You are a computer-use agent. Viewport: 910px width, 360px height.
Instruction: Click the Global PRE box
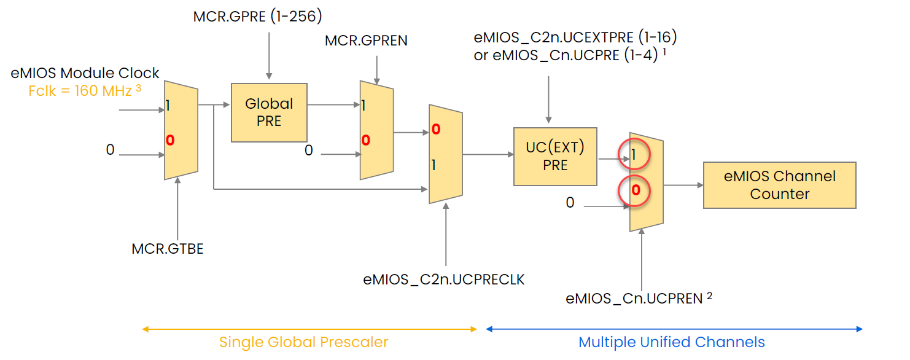(x=269, y=112)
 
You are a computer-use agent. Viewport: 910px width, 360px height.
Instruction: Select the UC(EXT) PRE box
(x=555, y=157)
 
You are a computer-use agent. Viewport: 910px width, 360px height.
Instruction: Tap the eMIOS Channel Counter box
(x=779, y=185)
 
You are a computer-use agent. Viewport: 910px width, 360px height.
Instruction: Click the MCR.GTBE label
(x=168, y=249)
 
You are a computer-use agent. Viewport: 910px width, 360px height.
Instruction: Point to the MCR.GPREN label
(x=366, y=41)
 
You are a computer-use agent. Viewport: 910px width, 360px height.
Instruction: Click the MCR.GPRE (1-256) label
(x=257, y=17)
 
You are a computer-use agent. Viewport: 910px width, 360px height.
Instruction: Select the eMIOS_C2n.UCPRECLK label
(x=444, y=280)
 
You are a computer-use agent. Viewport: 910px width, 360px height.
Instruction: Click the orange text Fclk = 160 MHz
(x=80, y=91)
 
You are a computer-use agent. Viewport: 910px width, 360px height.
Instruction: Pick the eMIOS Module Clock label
(x=85, y=73)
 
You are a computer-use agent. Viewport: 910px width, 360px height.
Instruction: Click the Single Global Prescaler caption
(x=304, y=342)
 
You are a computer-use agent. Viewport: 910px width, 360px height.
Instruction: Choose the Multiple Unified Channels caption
(x=672, y=342)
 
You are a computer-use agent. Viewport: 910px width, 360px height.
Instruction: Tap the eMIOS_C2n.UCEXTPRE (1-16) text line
(x=575, y=37)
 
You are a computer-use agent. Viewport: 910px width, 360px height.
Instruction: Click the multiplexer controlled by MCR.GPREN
(x=376, y=131)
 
